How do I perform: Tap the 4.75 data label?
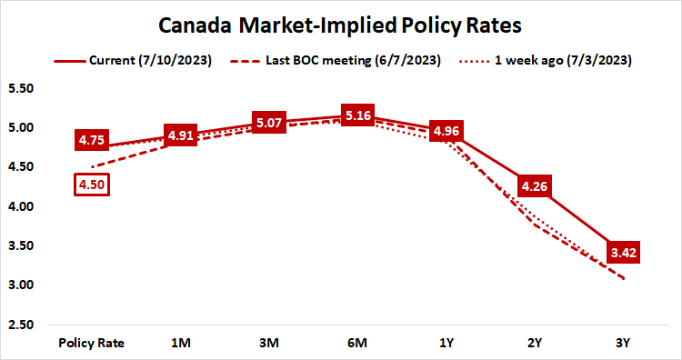[x=91, y=141]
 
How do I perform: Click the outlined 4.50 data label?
[x=91, y=184]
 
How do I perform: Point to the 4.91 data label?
[x=180, y=137]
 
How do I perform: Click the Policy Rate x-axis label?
[x=91, y=343]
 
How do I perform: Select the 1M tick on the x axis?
[x=181, y=343]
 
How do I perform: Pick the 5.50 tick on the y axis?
[x=20, y=89]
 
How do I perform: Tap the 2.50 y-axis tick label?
[x=20, y=325]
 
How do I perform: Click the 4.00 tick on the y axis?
[x=20, y=207]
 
